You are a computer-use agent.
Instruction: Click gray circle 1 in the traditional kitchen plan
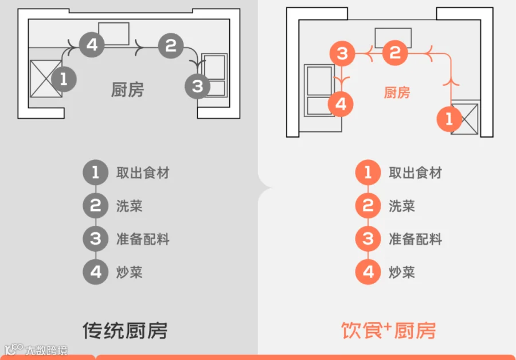63,79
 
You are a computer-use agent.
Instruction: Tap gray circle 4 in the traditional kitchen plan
91,44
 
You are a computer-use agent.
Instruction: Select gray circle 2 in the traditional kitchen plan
170,45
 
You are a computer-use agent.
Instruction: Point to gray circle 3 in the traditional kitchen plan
198,86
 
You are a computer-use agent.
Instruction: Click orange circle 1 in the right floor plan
449,119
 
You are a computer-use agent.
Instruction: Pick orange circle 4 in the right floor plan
341,104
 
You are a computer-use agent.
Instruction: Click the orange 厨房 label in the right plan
397,92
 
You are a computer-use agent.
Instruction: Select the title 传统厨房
125,330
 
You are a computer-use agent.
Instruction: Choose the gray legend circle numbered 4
95,272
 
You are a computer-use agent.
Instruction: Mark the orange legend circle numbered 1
368,173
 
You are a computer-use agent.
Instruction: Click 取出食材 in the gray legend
143,173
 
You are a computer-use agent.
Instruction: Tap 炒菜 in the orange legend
402,272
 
